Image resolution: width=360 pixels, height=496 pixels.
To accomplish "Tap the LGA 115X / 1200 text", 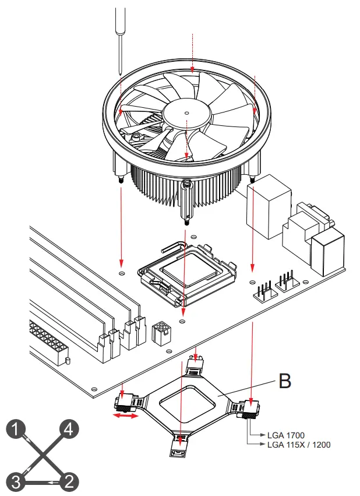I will coord(298,444).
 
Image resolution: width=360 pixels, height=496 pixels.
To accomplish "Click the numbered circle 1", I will coord(17,430).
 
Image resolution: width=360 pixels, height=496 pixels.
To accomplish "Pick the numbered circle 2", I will coord(68,481).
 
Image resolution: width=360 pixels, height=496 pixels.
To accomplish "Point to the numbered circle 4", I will coord(68,430).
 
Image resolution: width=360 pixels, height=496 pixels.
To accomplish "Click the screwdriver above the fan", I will coord(120,35).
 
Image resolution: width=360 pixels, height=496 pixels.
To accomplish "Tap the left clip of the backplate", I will coord(129,402).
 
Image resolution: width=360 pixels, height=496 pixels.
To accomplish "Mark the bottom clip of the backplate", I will coord(180,442).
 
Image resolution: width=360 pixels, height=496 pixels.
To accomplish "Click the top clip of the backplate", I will coord(195,365).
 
